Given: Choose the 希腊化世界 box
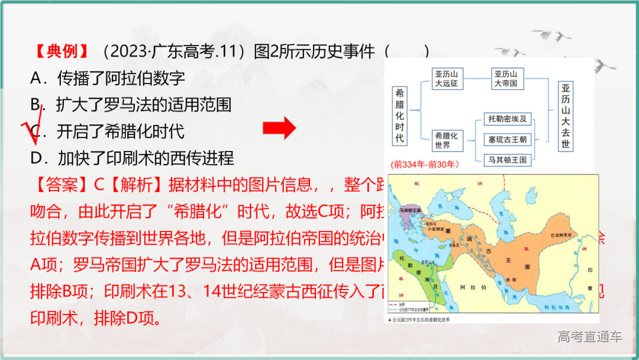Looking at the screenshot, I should tap(447, 140).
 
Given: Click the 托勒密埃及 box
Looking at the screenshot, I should tap(507, 119).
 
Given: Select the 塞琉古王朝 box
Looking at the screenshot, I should tap(507, 140).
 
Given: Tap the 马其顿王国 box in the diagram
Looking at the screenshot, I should tap(507, 159).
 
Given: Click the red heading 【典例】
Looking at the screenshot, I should tap(62, 52).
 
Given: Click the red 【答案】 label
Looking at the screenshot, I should tap(62, 185).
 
